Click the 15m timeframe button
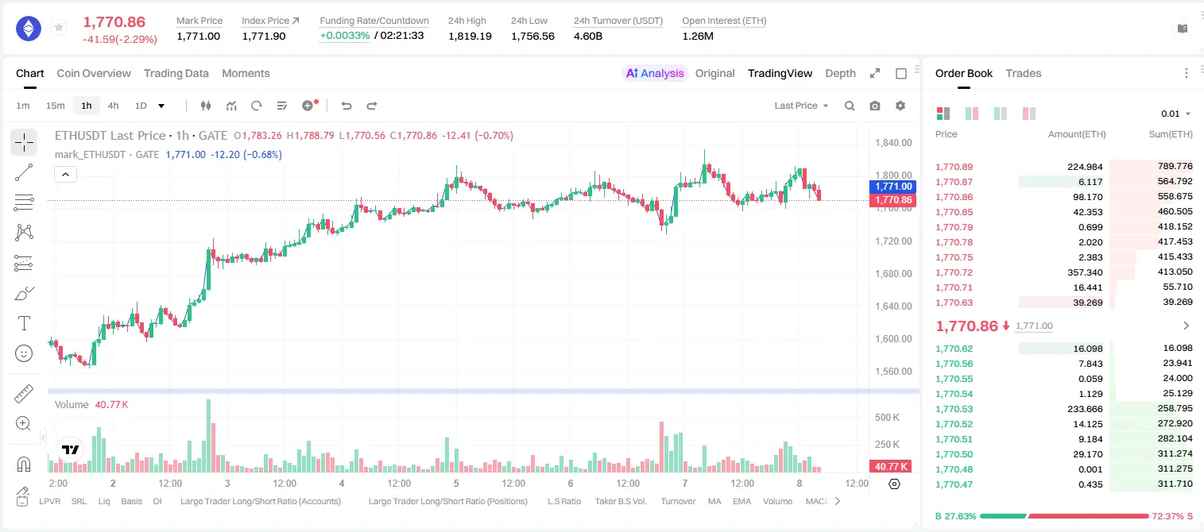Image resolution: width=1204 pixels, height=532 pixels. point(56,106)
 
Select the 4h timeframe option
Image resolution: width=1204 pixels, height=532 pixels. point(113,106)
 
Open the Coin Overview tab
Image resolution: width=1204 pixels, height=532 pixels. point(94,73)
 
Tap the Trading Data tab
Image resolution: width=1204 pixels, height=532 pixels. point(176,73)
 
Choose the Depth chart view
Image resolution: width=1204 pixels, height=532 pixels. point(840,73)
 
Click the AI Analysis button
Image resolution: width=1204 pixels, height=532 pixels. point(655,73)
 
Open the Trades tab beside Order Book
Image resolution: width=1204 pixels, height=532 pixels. point(1024,73)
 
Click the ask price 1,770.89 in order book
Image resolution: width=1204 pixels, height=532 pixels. point(954,167)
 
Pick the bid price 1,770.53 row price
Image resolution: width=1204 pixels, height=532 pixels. point(954,409)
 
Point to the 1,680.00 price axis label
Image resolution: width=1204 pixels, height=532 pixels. point(893,274)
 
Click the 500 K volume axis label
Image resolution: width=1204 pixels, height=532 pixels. point(887,418)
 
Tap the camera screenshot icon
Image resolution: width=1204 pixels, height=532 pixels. point(875,106)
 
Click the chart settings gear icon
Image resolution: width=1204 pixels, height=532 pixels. point(900,106)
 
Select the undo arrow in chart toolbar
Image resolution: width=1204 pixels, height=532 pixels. point(346,106)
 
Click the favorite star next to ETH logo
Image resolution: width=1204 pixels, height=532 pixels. point(59,27)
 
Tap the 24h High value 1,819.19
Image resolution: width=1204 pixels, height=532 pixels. point(470,36)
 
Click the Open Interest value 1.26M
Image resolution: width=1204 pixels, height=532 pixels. point(698,36)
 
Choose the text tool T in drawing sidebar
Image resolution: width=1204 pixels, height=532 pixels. point(24,323)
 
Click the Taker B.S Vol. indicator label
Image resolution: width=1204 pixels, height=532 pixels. point(620,501)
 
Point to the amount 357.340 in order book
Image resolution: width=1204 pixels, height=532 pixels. point(1085,272)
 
